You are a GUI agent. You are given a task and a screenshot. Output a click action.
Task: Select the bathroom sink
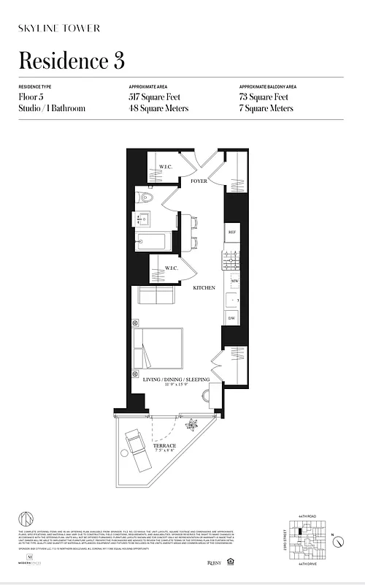pos(142,219)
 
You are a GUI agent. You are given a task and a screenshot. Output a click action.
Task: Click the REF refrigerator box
pos(232,233)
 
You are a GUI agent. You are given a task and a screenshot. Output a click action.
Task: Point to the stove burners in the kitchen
pos(233,257)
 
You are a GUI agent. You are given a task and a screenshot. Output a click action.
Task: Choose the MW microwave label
pos(234,281)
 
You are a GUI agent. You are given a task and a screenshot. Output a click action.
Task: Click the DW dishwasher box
pos(232,318)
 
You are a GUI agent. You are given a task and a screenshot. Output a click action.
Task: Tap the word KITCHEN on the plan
pos(204,289)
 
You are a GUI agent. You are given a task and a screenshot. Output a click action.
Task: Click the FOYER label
pos(199,180)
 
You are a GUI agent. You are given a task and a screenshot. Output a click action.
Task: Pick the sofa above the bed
pos(155,295)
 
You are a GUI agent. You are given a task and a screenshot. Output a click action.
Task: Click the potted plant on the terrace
pos(192,425)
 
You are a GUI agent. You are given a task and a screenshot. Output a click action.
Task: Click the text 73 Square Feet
pos(264,97)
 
